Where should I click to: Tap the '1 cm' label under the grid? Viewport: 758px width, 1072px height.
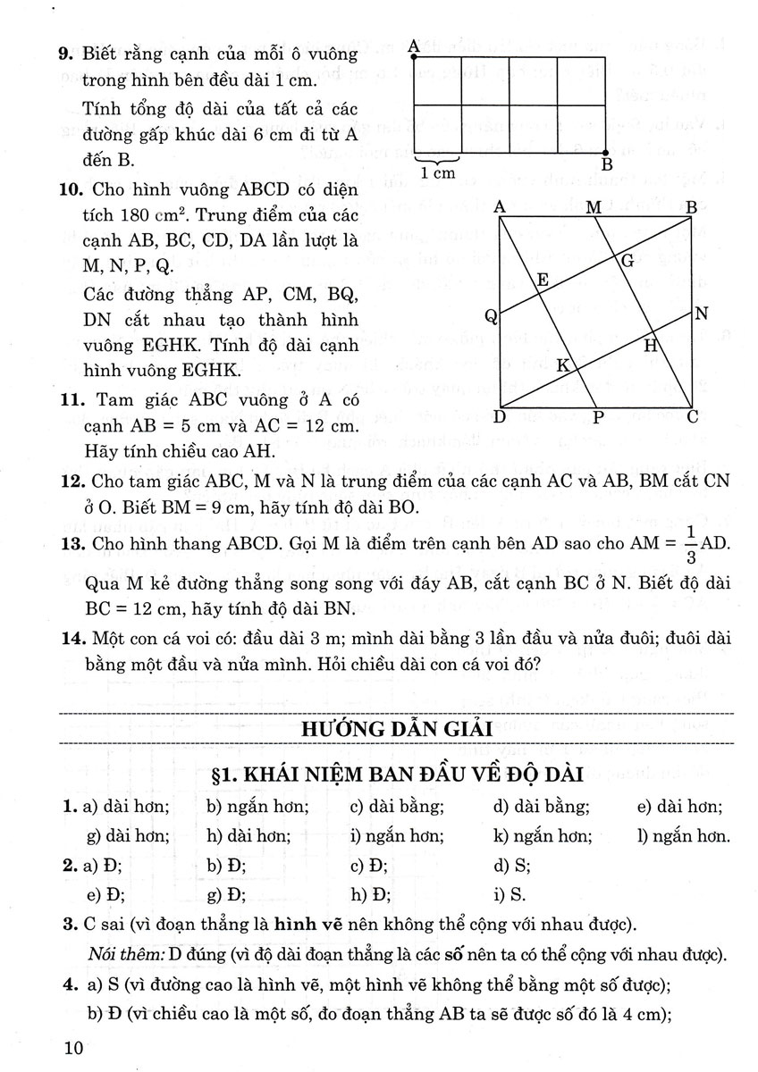[438, 173]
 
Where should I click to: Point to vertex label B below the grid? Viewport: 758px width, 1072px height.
[607, 165]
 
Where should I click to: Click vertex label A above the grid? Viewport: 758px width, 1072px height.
[413, 44]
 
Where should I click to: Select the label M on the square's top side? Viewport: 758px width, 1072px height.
[593, 207]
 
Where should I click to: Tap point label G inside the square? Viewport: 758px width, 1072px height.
[627, 260]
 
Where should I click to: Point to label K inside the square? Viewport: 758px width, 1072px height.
[563, 365]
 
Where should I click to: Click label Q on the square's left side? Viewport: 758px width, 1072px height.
[491, 315]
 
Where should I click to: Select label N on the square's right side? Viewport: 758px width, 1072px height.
[701, 314]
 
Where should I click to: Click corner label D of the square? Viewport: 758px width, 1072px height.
[500, 417]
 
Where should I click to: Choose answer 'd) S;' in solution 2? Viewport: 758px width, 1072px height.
[512, 865]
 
